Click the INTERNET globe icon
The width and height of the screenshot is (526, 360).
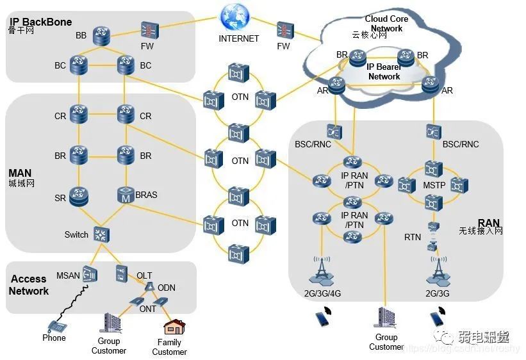234,17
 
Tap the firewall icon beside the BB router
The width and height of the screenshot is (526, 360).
149,30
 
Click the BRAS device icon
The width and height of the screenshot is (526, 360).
126,195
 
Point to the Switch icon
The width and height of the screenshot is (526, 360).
101,234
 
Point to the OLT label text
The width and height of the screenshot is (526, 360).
144,275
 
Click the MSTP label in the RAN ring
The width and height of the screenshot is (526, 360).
433,185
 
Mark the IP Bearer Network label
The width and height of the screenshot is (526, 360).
384,71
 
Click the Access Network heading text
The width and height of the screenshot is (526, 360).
29,285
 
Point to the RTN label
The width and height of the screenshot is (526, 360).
413,237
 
